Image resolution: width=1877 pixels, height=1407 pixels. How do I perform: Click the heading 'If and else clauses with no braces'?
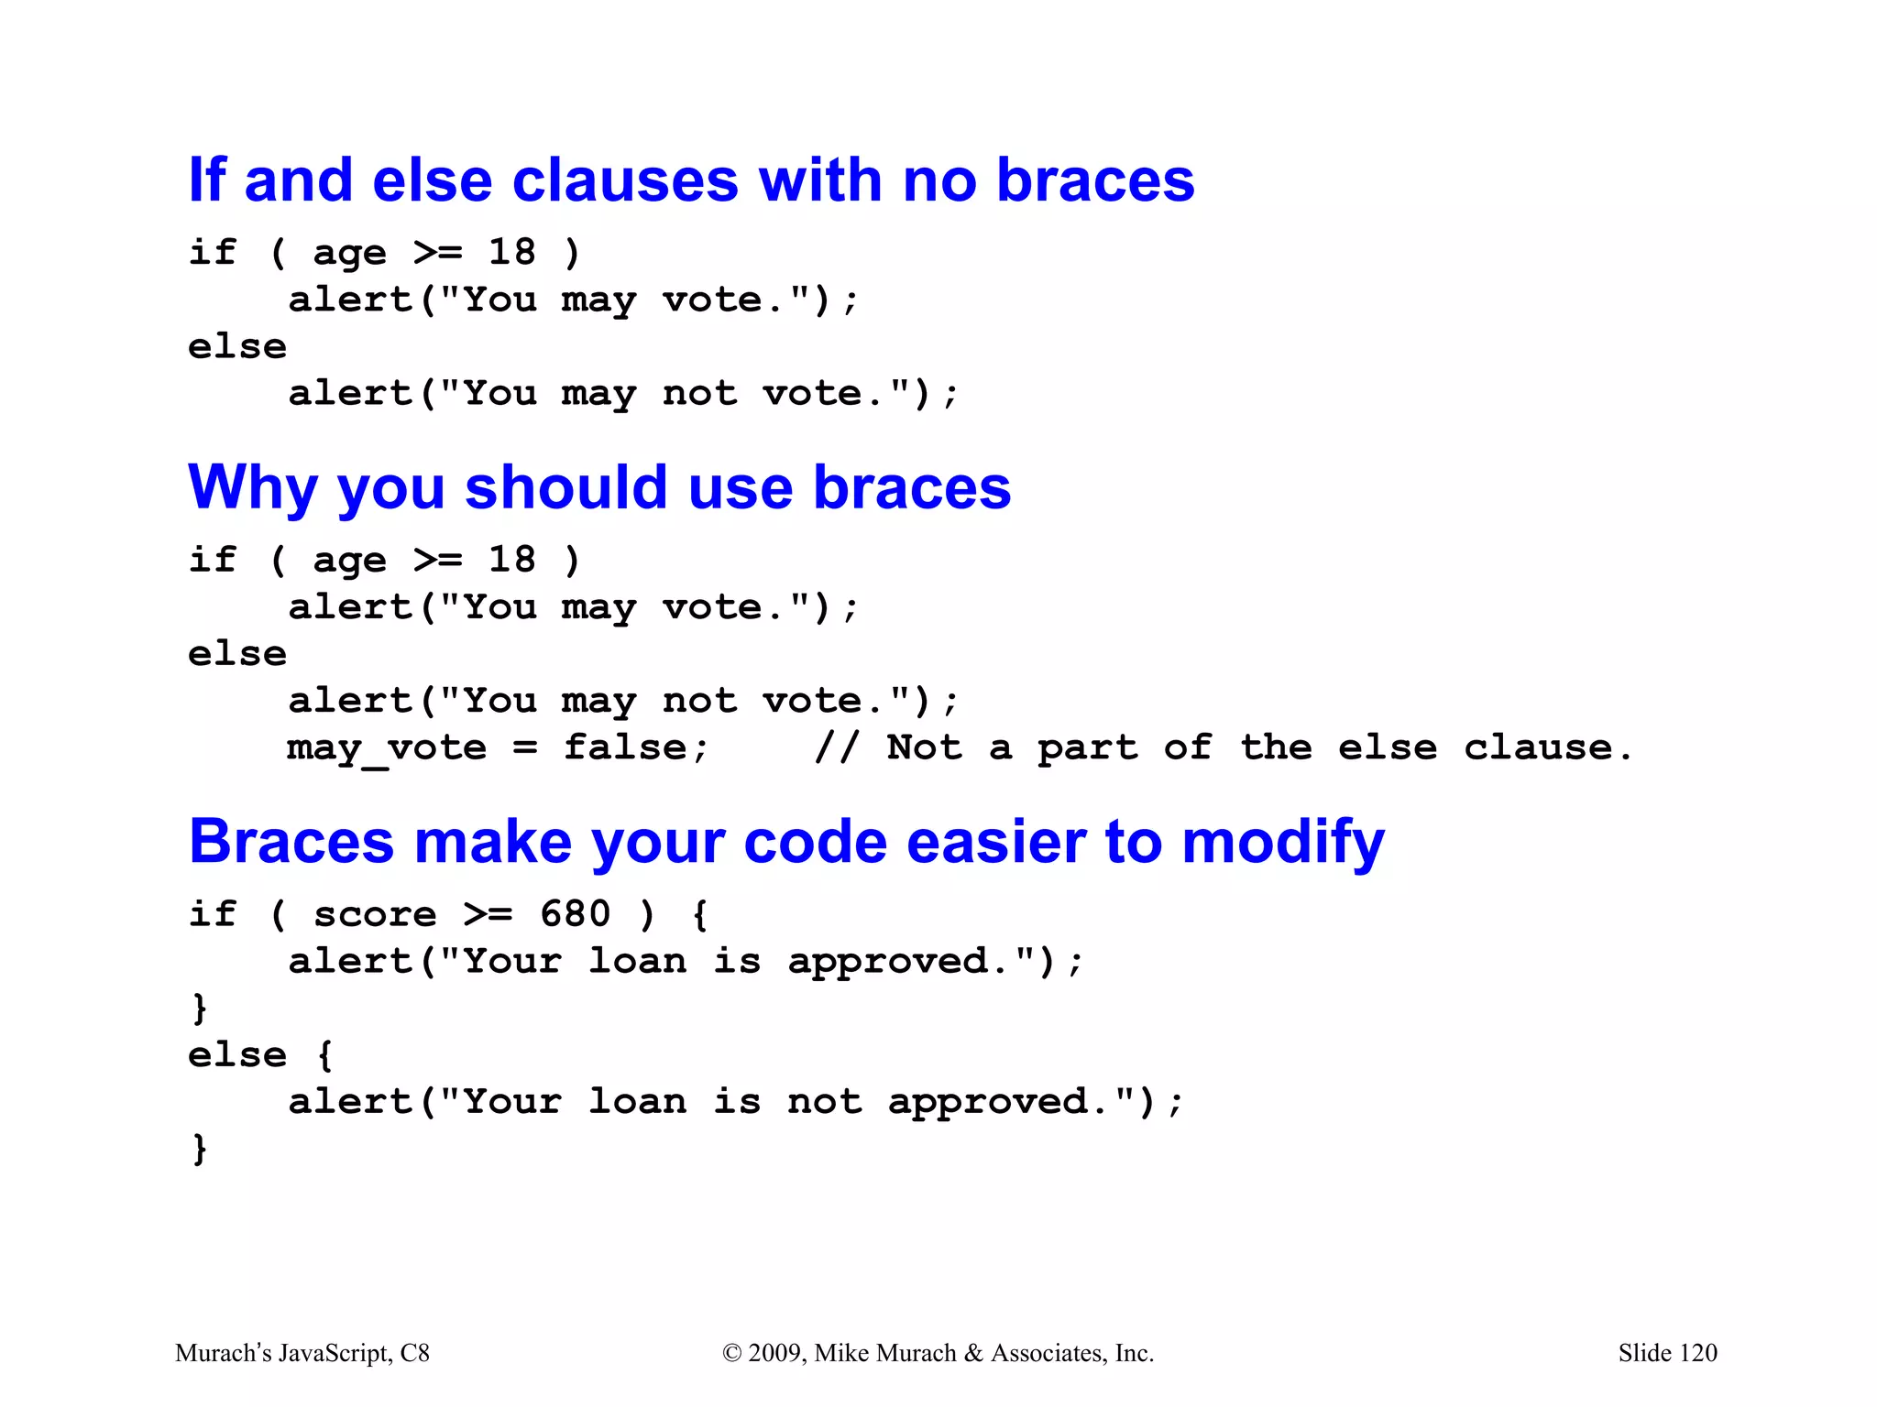[x=691, y=180]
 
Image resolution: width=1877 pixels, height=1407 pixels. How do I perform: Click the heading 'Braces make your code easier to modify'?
[x=786, y=841]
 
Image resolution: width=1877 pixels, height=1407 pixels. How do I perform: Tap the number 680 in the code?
[x=575, y=914]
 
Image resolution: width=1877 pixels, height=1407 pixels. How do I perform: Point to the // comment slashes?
[x=836, y=747]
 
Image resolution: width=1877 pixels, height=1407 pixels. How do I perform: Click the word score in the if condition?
[x=375, y=914]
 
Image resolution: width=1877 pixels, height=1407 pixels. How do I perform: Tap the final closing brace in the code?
[x=199, y=1149]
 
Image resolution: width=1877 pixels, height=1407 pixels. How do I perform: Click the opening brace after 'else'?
[x=324, y=1054]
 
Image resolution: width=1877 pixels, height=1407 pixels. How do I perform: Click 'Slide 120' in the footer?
[x=1667, y=1353]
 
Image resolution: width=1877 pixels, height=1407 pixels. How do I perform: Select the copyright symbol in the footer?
[x=731, y=1353]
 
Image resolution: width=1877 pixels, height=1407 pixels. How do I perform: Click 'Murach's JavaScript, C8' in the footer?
[x=302, y=1353]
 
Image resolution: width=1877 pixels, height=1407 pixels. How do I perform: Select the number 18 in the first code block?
[x=511, y=252]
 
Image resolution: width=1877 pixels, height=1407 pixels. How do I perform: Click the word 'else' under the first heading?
[x=237, y=347]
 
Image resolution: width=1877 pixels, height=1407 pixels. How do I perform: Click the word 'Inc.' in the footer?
[x=1134, y=1353]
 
